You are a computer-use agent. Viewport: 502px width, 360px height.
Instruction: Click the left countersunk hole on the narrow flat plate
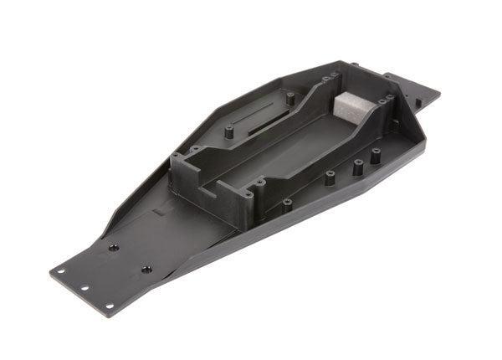pyautogui.click(x=112, y=247)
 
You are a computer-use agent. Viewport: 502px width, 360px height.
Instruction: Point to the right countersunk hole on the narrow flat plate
pyautogui.click(x=146, y=270)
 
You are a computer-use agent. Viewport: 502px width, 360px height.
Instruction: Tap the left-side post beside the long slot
pyautogui.click(x=228, y=131)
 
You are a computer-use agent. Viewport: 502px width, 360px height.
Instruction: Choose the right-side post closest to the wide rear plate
pyautogui.click(x=376, y=154)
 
